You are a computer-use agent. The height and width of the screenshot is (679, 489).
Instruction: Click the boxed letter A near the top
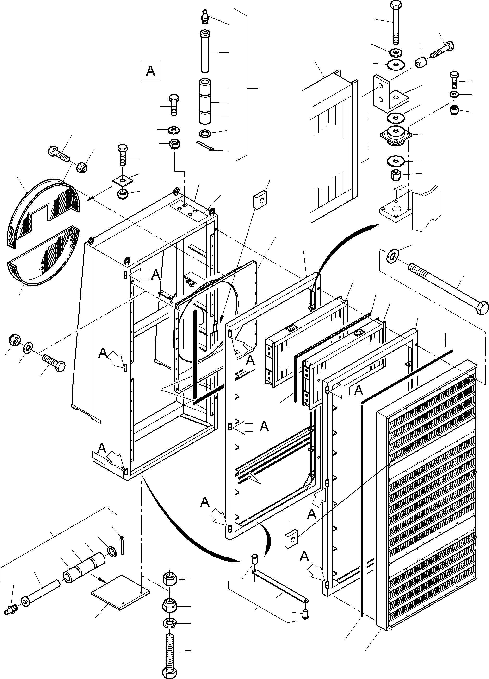(151, 71)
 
